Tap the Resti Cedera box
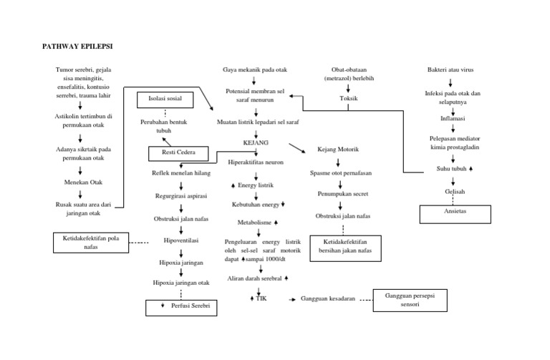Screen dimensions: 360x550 177,153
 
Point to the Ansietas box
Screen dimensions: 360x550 454,214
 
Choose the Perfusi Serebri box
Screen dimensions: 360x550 181,308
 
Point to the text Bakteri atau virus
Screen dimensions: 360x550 450,69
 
